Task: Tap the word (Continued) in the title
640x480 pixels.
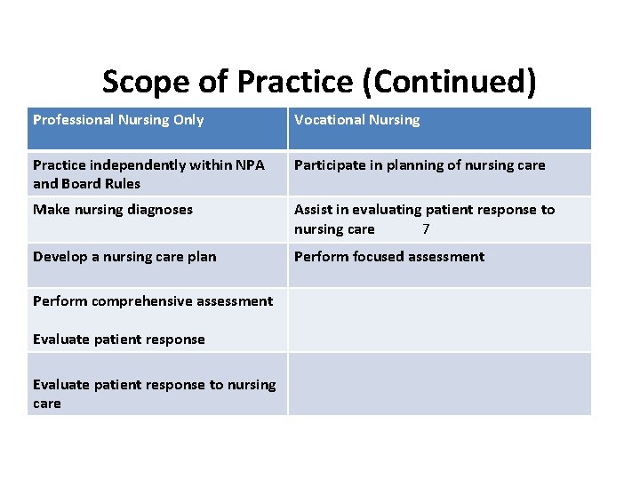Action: (x=449, y=83)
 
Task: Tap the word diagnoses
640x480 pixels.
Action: (x=160, y=210)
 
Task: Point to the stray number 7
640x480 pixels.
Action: (x=427, y=229)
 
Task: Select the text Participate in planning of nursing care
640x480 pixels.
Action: (x=420, y=165)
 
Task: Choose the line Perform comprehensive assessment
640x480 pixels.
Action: (x=153, y=301)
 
